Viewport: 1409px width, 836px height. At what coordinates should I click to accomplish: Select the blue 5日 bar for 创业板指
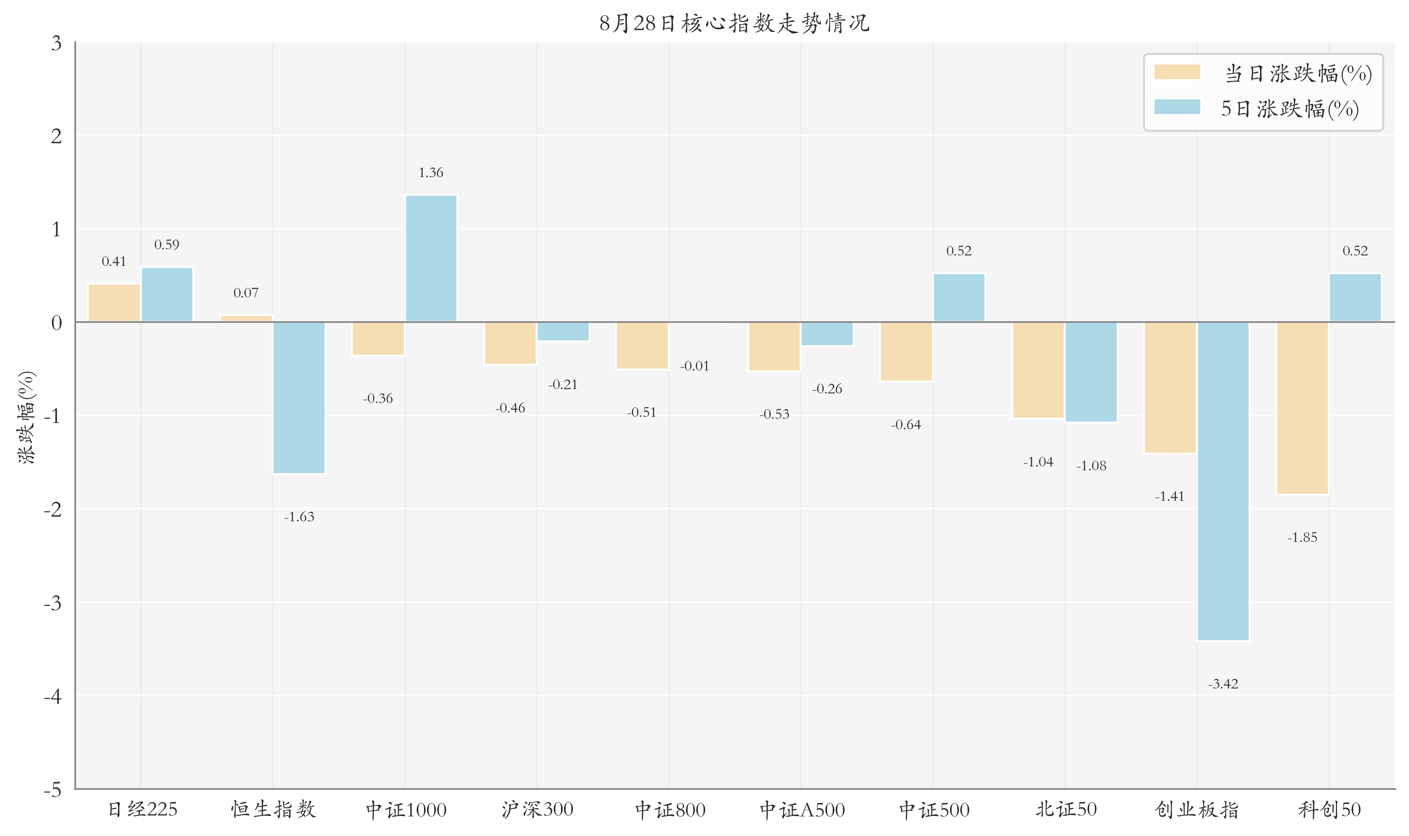[1223, 481]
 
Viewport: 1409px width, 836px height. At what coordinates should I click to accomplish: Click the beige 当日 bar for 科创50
[1303, 408]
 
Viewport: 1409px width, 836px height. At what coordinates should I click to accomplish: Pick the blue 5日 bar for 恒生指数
[299, 398]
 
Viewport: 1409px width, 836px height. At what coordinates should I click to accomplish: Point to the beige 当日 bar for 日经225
[115, 303]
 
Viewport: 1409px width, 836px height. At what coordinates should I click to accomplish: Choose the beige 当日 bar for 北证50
[1038, 370]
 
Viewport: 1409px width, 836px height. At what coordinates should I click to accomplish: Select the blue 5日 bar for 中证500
[959, 298]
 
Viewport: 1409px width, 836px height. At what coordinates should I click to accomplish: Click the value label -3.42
[1223, 684]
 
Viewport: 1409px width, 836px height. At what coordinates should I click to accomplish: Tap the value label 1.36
[431, 172]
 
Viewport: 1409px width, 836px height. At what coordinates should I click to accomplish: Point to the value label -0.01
[695, 366]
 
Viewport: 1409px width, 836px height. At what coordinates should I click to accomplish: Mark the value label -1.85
[1303, 538]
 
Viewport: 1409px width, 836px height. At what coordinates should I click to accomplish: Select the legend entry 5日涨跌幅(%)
[1257, 109]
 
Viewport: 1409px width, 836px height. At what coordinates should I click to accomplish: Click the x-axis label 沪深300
[538, 810]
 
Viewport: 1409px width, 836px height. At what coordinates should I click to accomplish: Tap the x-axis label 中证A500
[802, 810]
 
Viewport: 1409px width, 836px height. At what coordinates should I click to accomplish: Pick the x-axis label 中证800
[670, 810]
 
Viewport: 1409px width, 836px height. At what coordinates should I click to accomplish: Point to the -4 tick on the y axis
[53, 696]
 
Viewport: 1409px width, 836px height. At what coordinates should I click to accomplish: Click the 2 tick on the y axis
[56, 136]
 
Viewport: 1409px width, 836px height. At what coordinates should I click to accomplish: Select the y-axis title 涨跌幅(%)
[26, 417]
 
